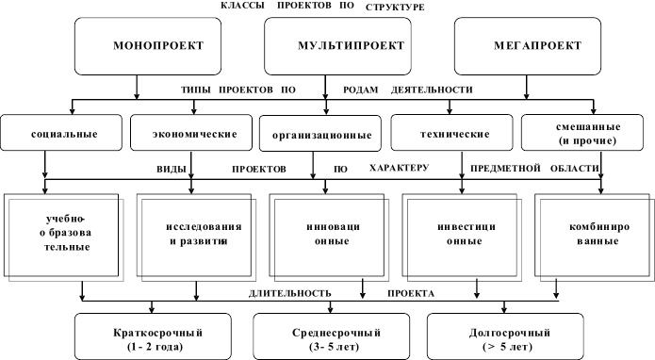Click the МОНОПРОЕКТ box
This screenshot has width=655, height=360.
click(138, 45)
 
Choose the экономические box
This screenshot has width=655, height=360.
click(192, 132)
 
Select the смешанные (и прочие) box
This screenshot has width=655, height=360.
click(580, 133)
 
